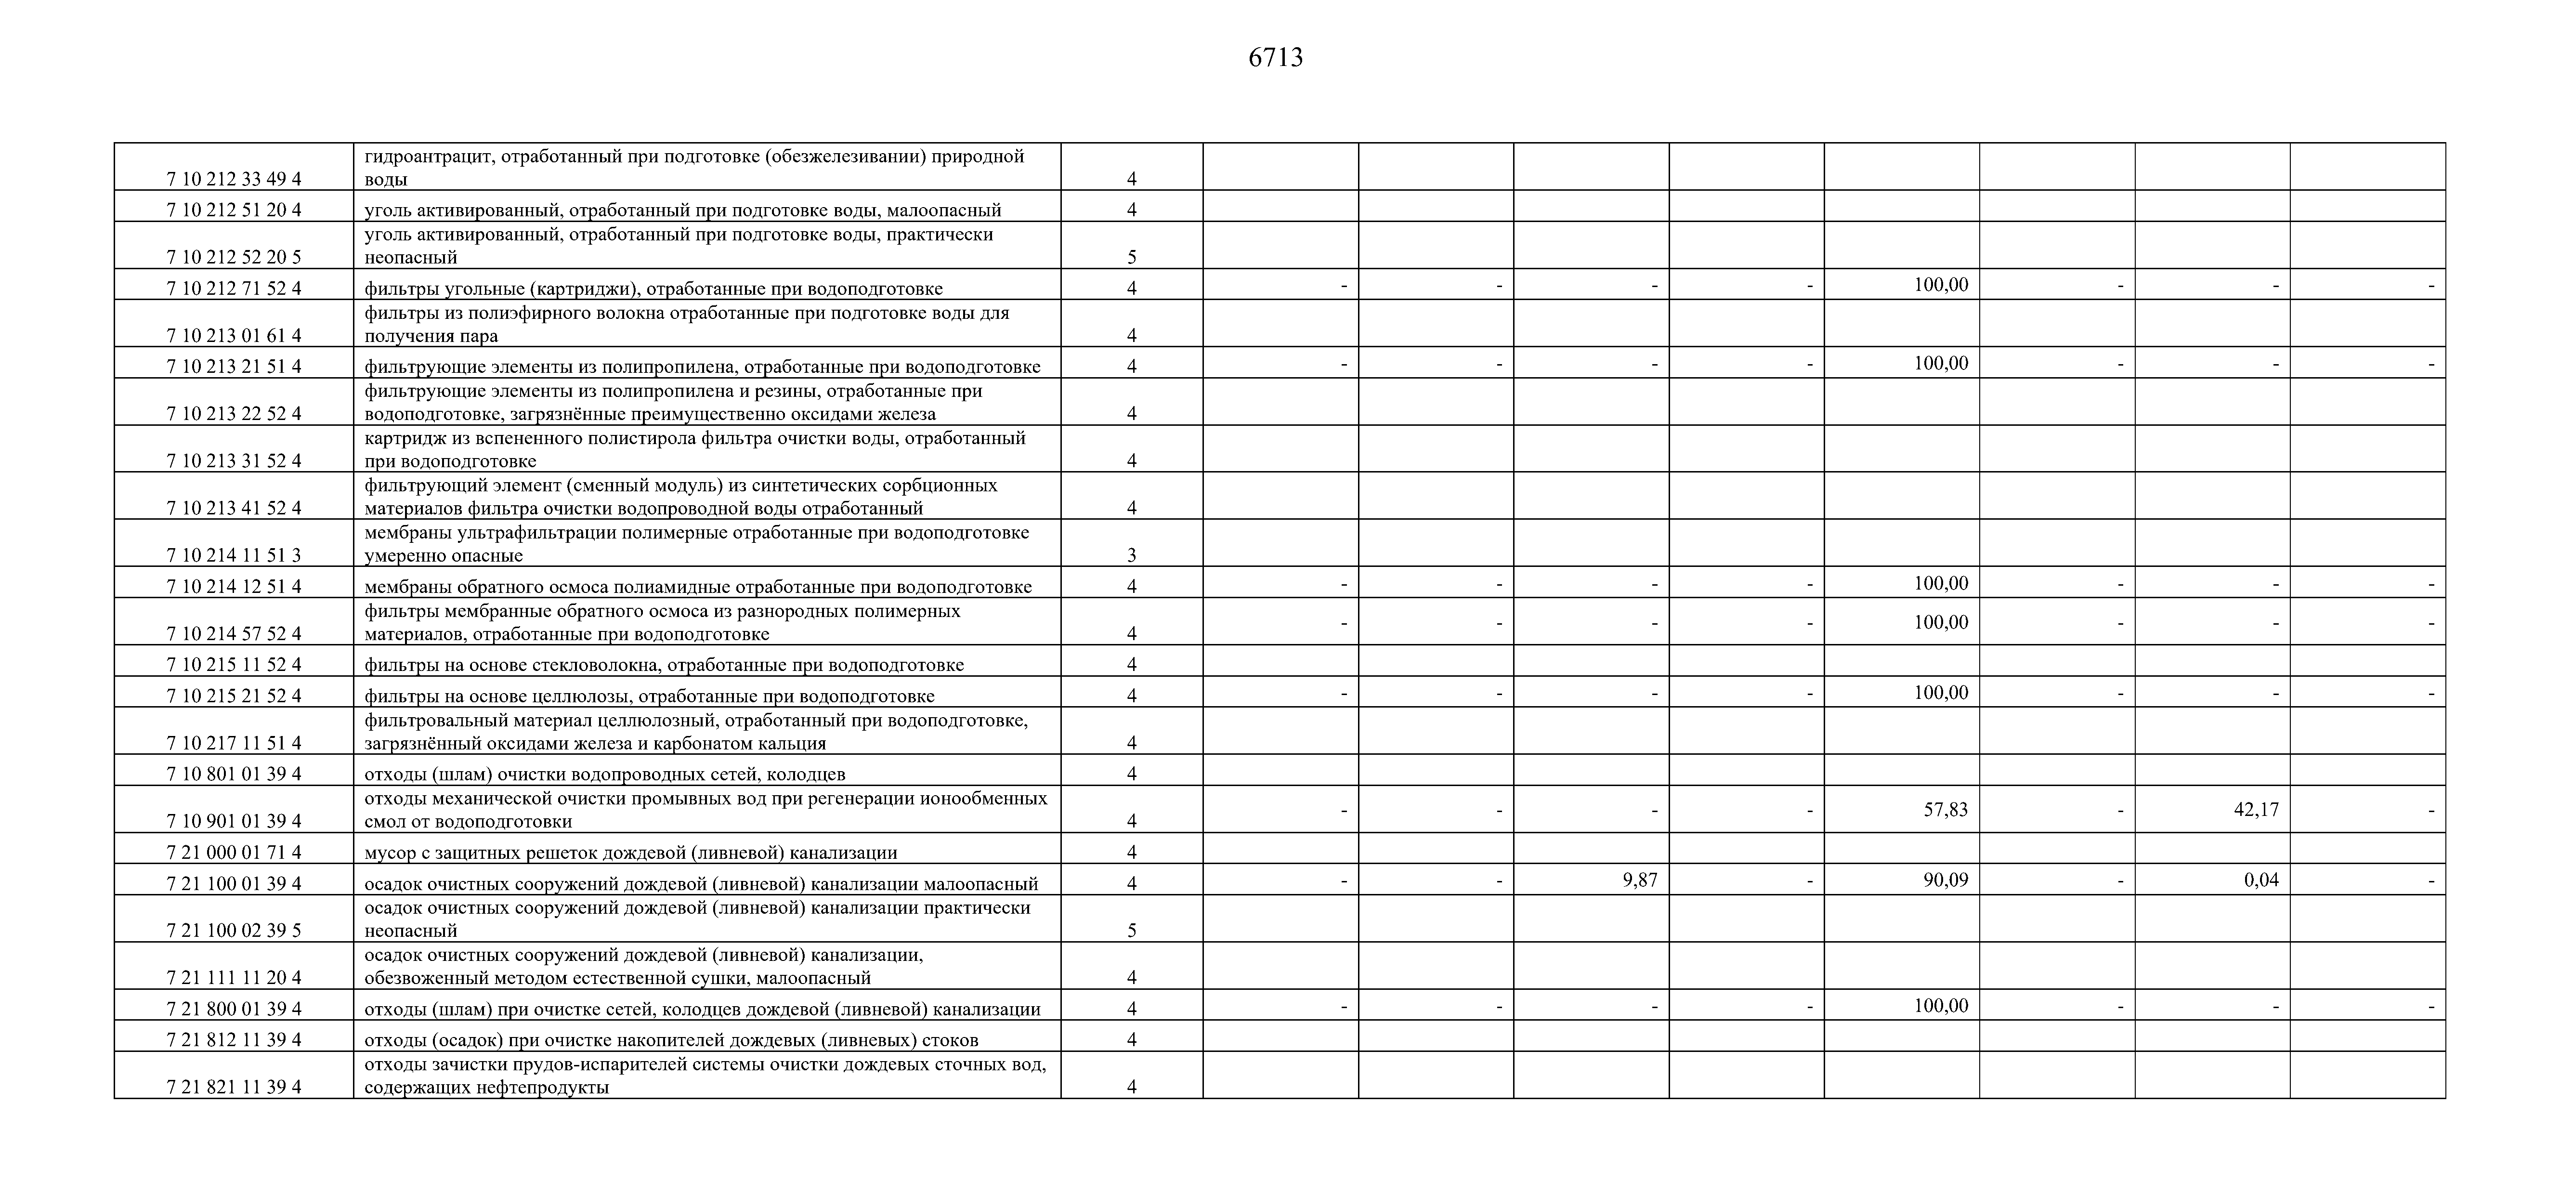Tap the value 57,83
click(x=1945, y=809)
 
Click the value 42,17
click(x=2256, y=809)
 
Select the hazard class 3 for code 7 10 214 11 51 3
click(x=1131, y=556)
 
